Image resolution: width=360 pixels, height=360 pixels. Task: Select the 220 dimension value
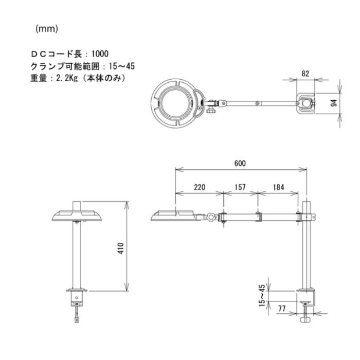200,187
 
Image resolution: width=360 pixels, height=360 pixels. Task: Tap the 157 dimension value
240,187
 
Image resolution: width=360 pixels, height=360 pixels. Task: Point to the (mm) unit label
47,29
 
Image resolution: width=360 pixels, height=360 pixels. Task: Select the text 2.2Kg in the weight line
67,78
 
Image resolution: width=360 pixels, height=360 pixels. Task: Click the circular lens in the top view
176,102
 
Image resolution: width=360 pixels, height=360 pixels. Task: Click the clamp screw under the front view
78,311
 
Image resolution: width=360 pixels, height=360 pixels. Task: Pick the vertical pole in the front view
77,255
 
